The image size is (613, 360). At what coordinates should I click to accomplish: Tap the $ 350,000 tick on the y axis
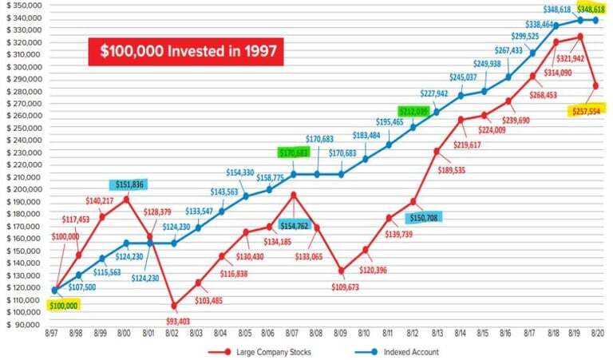click(x=22, y=5)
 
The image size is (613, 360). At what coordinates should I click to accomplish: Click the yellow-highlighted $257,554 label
click(x=586, y=111)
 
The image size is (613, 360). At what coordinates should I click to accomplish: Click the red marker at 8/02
click(x=174, y=306)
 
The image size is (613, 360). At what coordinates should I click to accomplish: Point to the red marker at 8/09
click(x=342, y=271)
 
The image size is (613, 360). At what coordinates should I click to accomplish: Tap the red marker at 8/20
click(x=596, y=85)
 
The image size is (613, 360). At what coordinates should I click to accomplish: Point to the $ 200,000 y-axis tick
click(x=22, y=190)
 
